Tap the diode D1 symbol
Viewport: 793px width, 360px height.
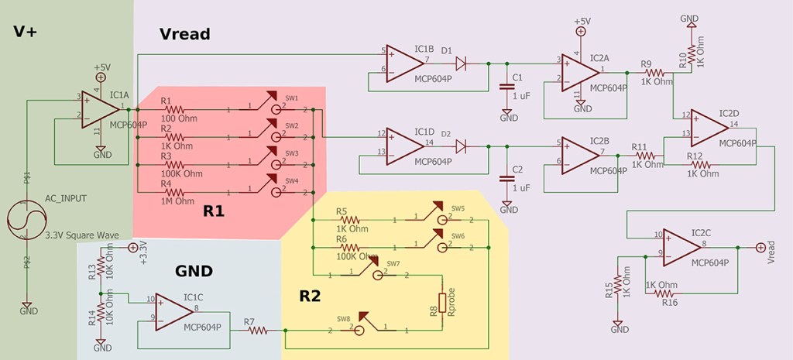[461, 63]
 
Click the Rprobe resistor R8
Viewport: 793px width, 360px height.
[443, 303]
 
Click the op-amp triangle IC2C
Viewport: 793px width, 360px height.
[674, 247]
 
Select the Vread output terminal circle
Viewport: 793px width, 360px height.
[760, 248]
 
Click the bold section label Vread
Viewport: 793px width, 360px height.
[184, 34]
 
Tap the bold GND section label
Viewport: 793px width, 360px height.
[194, 271]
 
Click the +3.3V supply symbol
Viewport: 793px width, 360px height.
[132, 247]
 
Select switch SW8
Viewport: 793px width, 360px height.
[356, 327]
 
